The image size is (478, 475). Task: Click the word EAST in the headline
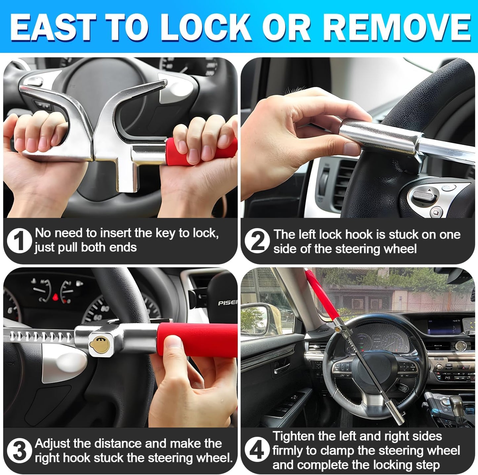(x=53, y=27)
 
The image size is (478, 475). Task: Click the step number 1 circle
(x=19, y=241)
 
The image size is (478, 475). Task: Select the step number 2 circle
(x=257, y=241)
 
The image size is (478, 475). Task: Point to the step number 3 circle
(x=19, y=451)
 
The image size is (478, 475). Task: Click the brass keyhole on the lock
(x=98, y=344)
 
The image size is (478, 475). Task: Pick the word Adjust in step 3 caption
(x=53, y=444)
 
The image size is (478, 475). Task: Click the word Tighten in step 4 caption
(x=293, y=436)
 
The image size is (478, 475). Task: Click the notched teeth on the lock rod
(x=40, y=336)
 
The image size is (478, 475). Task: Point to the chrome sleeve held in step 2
(x=380, y=134)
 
